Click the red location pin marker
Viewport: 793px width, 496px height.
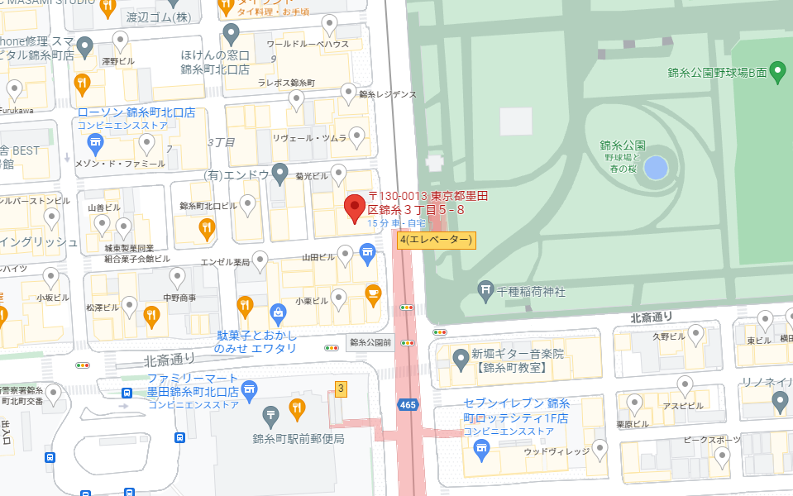pyautogui.click(x=356, y=207)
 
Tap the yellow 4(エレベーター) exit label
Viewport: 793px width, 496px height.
pyautogui.click(x=436, y=240)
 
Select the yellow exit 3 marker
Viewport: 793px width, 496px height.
pyautogui.click(x=340, y=389)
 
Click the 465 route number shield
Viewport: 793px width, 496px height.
pyautogui.click(x=407, y=405)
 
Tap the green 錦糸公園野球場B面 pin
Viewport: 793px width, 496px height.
pyautogui.click(x=777, y=71)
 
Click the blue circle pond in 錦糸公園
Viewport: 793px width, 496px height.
pyautogui.click(x=655, y=168)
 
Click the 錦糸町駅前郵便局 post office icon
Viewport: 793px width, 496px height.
pyautogui.click(x=270, y=415)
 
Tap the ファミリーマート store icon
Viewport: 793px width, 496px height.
pyautogui.click(x=249, y=389)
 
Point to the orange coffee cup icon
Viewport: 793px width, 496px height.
pyautogui.click(x=373, y=293)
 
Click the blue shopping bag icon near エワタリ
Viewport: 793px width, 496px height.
pyautogui.click(x=278, y=312)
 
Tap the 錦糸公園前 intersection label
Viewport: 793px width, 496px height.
pyautogui.click(x=370, y=341)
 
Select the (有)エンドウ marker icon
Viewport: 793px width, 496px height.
pyautogui.click(x=280, y=173)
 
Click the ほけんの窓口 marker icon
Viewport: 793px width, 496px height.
pyautogui.click(x=232, y=35)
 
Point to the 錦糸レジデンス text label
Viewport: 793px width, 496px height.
pyautogui.click(x=388, y=95)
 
